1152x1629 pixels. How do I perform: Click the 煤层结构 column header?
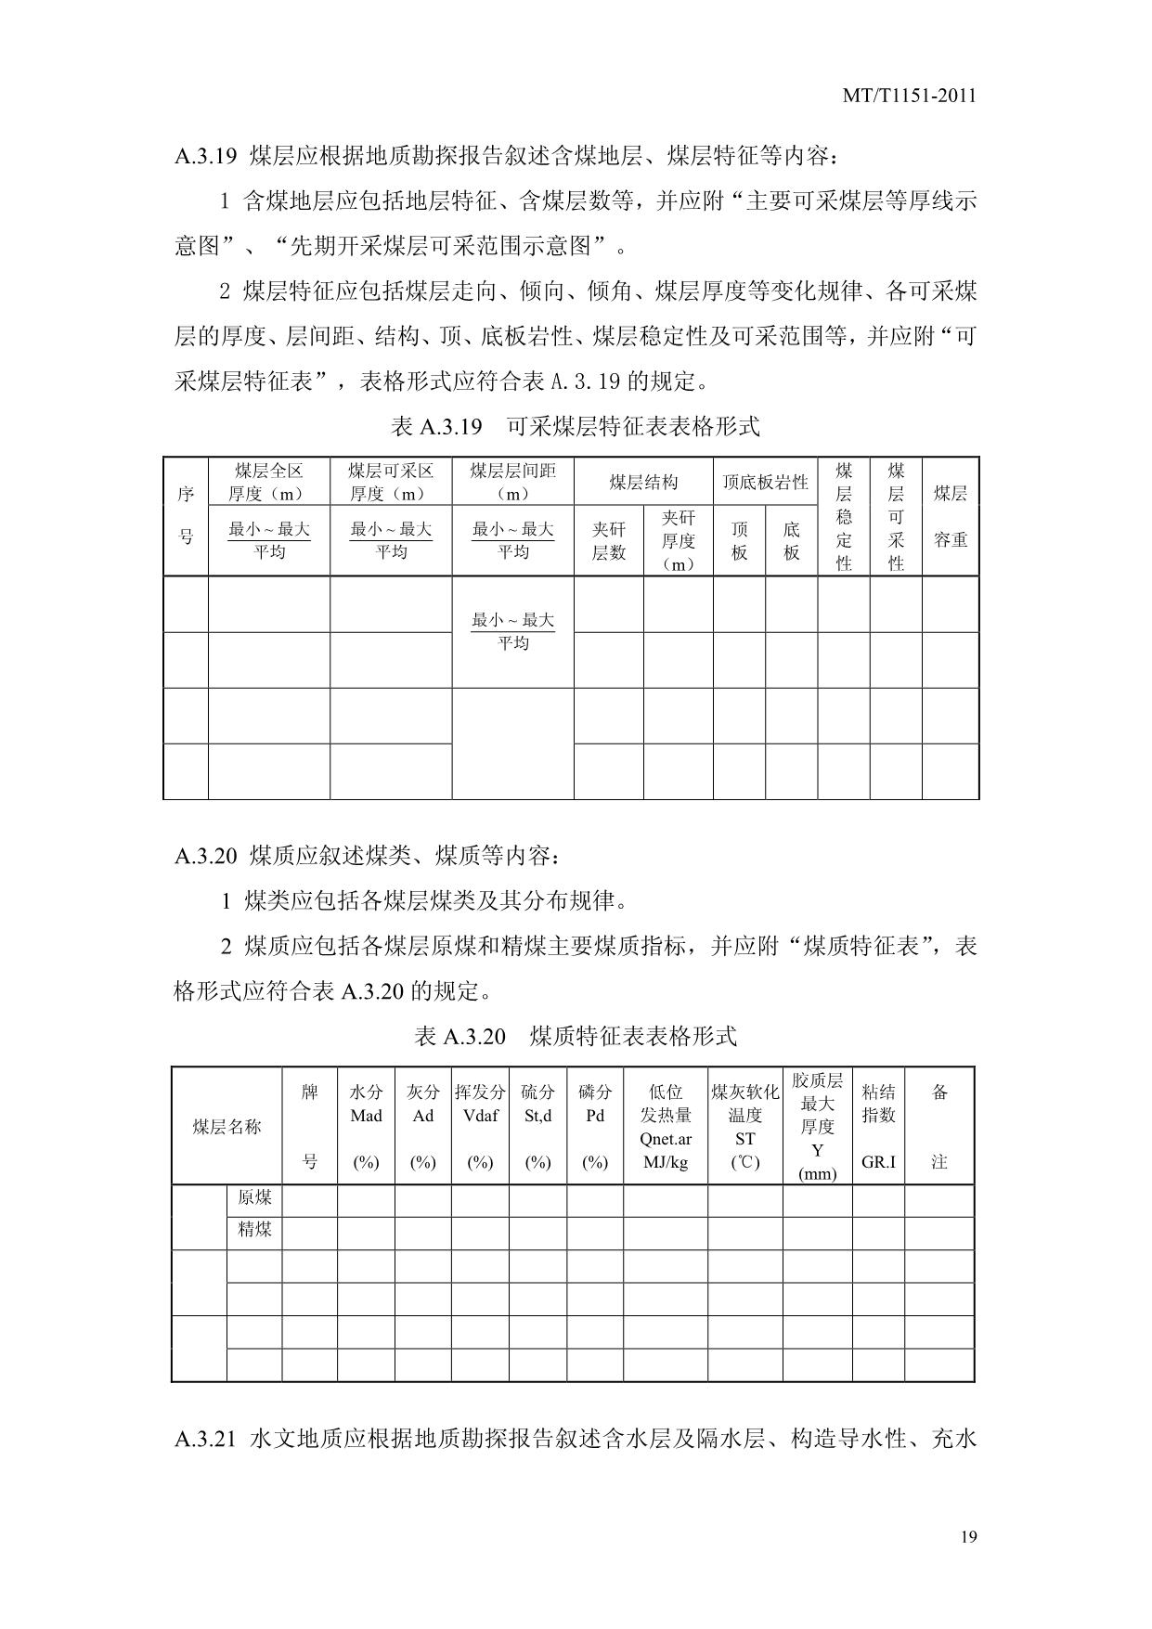(x=643, y=482)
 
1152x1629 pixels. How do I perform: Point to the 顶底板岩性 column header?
(x=765, y=482)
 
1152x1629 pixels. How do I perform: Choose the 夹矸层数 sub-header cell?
(x=608, y=541)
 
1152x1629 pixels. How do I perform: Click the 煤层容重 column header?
(x=950, y=516)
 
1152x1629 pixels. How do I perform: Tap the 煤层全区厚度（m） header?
(x=268, y=482)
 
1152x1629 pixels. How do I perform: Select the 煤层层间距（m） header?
(x=512, y=482)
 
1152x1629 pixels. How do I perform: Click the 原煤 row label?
(x=254, y=1197)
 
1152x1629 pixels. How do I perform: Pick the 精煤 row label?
(x=254, y=1231)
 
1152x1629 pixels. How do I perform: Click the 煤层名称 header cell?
(x=227, y=1127)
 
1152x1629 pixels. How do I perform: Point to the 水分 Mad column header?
(x=366, y=1105)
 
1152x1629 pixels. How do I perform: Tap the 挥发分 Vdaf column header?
(x=480, y=1105)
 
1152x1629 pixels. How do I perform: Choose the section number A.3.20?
(x=206, y=855)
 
